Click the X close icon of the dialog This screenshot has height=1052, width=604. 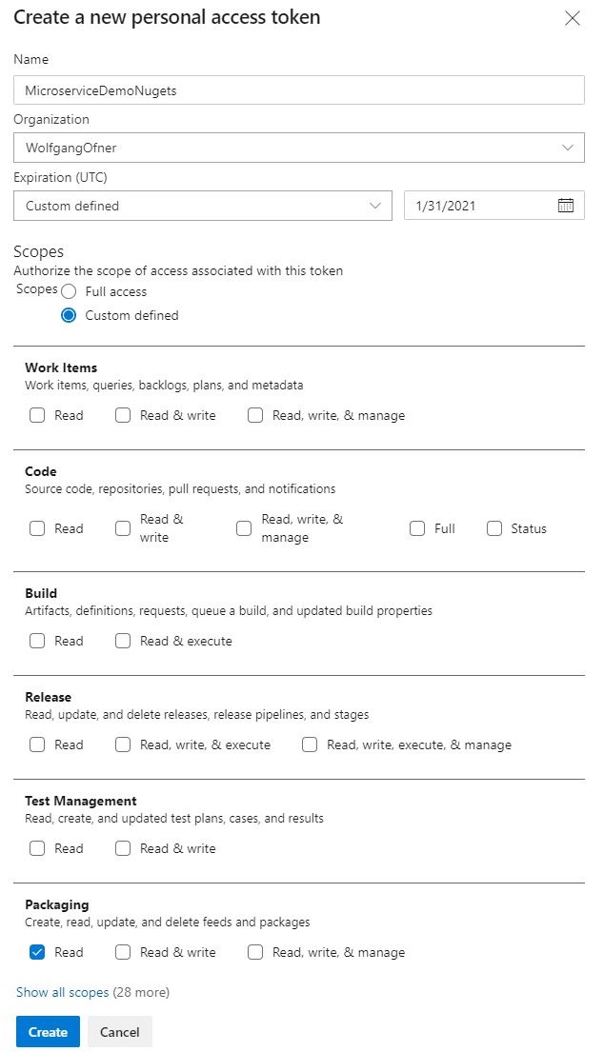coord(573,18)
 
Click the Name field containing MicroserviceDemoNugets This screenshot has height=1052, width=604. coord(298,89)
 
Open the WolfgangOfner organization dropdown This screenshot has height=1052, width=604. coord(298,148)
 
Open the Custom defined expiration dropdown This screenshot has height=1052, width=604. coord(203,206)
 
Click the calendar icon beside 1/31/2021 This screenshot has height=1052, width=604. coord(566,206)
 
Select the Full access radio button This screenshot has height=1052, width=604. coord(69,291)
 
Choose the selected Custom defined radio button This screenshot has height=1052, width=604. coord(69,315)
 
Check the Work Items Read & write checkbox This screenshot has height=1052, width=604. coord(123,415)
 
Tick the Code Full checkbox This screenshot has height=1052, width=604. coord(417,528)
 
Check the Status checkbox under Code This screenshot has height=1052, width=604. coord(494,528)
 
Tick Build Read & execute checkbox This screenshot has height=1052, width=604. coord(123,641)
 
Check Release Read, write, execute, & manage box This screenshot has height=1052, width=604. coord(310,744)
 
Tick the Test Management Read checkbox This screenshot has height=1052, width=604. coord(37,848)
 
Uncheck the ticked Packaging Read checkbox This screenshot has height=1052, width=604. coord(37,952)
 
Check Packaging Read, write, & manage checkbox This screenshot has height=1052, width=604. coord(255,952)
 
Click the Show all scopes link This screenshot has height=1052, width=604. coord(63,992)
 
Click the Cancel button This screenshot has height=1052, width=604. coord(120,1032)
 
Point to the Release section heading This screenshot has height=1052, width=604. coord(48,697)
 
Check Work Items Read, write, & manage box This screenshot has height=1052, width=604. coord(255,415)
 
